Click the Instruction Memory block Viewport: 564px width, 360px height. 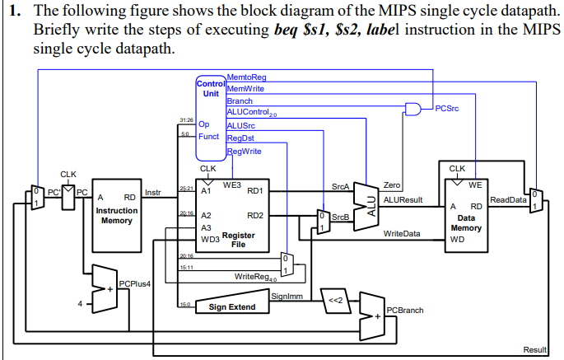(x=116, y=216)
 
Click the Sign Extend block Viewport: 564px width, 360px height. (x=231, y=307)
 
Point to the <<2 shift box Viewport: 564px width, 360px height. (x=335, y=299)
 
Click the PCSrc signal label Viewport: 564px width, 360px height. (x=449, y=107)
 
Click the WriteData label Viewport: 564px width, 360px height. (x=402, y=234)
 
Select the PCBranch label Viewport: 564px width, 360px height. (x=404, y=310)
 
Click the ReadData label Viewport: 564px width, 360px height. (x=508, y=199)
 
